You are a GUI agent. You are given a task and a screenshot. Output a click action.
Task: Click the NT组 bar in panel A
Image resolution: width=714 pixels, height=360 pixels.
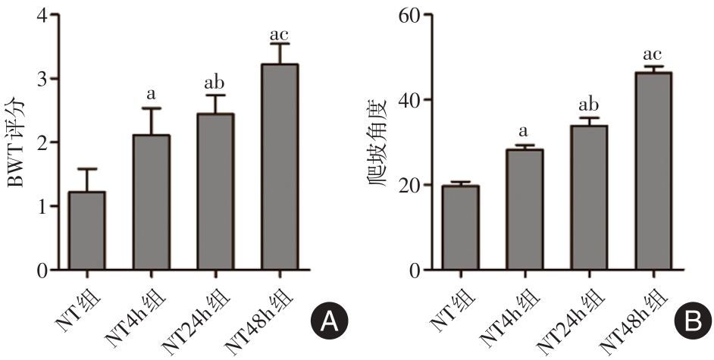86,230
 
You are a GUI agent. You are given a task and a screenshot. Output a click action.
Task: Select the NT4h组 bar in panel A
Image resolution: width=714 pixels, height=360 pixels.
151,202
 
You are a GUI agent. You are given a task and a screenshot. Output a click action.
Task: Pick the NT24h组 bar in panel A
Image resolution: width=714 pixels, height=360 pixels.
215,192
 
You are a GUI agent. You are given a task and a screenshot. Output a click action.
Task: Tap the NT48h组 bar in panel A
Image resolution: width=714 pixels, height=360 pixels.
280,167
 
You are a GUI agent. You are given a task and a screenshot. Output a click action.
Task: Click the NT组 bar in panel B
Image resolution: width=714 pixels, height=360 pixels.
459,227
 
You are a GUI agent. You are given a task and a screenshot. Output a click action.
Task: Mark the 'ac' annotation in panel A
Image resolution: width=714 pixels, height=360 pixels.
280,35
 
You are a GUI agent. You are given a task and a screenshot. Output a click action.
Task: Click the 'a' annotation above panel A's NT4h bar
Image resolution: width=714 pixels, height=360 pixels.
151,95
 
